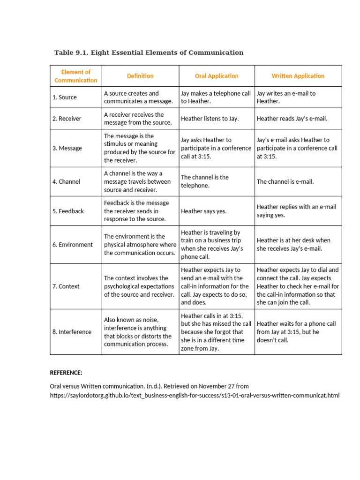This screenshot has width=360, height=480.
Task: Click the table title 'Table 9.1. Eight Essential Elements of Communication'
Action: pos(149,52)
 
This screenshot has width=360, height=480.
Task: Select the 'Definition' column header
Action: pos(140,76)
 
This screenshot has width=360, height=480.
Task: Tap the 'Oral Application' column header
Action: pos(217,76)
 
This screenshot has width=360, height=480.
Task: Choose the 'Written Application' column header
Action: pos(298,76)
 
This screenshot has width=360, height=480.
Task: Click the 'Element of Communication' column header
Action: pos(76,76)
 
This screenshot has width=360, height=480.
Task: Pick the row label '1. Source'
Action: pos(65,97)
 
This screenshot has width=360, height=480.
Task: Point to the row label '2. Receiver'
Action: pos(67,119)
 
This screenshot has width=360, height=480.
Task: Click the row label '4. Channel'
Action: pos(66,181)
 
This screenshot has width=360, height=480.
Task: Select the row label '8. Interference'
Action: pos(72,332)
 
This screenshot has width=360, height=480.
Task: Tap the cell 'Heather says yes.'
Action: pos(203,211)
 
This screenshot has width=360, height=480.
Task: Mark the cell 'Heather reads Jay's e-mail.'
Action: pos(292,119)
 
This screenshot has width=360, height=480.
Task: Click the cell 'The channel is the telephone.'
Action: pos(205,181)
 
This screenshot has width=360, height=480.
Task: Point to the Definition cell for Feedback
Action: pos(136,211)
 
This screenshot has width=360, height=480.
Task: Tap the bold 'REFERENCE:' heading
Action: pos(66,373)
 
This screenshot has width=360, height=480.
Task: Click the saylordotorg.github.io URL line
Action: pos(195,396)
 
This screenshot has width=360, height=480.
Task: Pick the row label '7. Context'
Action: pos(66,286)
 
